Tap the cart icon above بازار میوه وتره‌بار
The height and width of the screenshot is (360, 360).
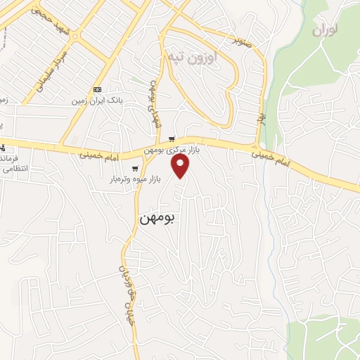point(135,168)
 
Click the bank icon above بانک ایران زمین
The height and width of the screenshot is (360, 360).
point(96,89)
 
